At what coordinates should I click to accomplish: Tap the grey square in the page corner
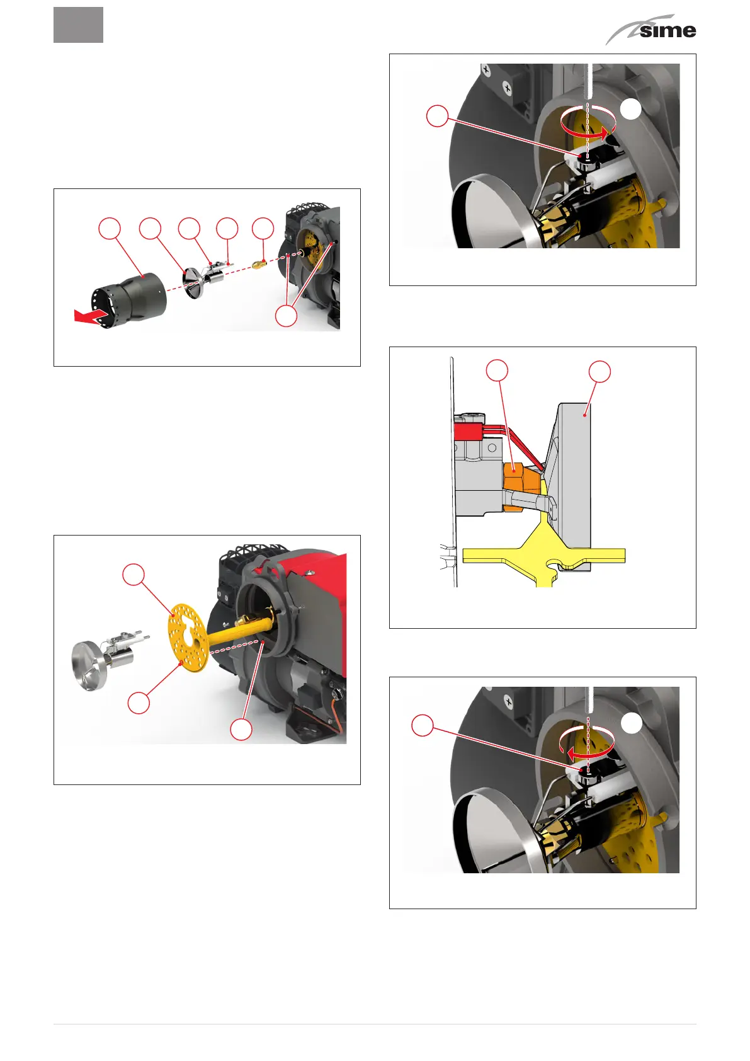tap(78, 25)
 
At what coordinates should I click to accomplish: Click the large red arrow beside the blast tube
tap(91, 316)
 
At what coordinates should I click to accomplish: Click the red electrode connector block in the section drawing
tap(468, 432)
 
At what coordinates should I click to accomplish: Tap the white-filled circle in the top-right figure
tap(631, 110)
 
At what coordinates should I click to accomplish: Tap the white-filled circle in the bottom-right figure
tap(631, 724)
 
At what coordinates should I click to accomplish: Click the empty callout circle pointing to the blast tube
tap(110, 228)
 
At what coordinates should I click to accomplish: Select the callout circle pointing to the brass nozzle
tap(263, 228)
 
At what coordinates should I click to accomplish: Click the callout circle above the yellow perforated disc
tap(134, 575)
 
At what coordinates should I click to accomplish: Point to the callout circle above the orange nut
tap(497, 370)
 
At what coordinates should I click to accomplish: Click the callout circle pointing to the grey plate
tap(599, 371)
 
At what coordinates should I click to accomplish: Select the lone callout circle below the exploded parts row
tap(287, 316)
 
